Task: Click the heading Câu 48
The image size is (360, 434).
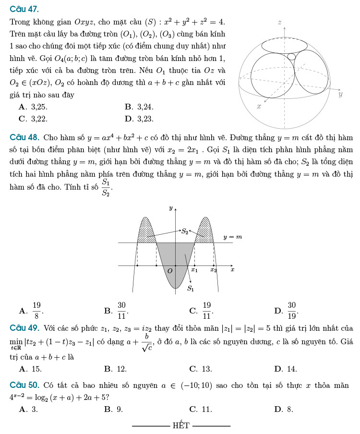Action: (x=24, y=138)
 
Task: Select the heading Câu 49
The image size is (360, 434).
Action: (x=24, y=329)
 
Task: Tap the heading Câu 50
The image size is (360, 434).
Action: (x=24, y=386)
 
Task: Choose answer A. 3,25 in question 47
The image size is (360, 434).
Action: (x=33, y=107)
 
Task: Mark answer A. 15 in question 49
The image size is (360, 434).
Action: (x=30, y=369)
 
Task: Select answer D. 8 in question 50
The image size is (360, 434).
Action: (x=284, y=410)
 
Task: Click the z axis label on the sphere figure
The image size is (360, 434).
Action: (x=279, y=23)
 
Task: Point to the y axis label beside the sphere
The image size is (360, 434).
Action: (x=340, y=95)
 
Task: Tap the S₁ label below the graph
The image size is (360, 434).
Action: (x=191, y=289)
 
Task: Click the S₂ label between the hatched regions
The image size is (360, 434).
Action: (x=185, y=231)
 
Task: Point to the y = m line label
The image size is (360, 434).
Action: (x=232, y=237)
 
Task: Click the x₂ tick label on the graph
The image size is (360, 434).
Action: (x=213, y=270)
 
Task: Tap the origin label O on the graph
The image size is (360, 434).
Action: (x=169, y=271)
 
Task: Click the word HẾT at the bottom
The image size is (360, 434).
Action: (x=181, y=425)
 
